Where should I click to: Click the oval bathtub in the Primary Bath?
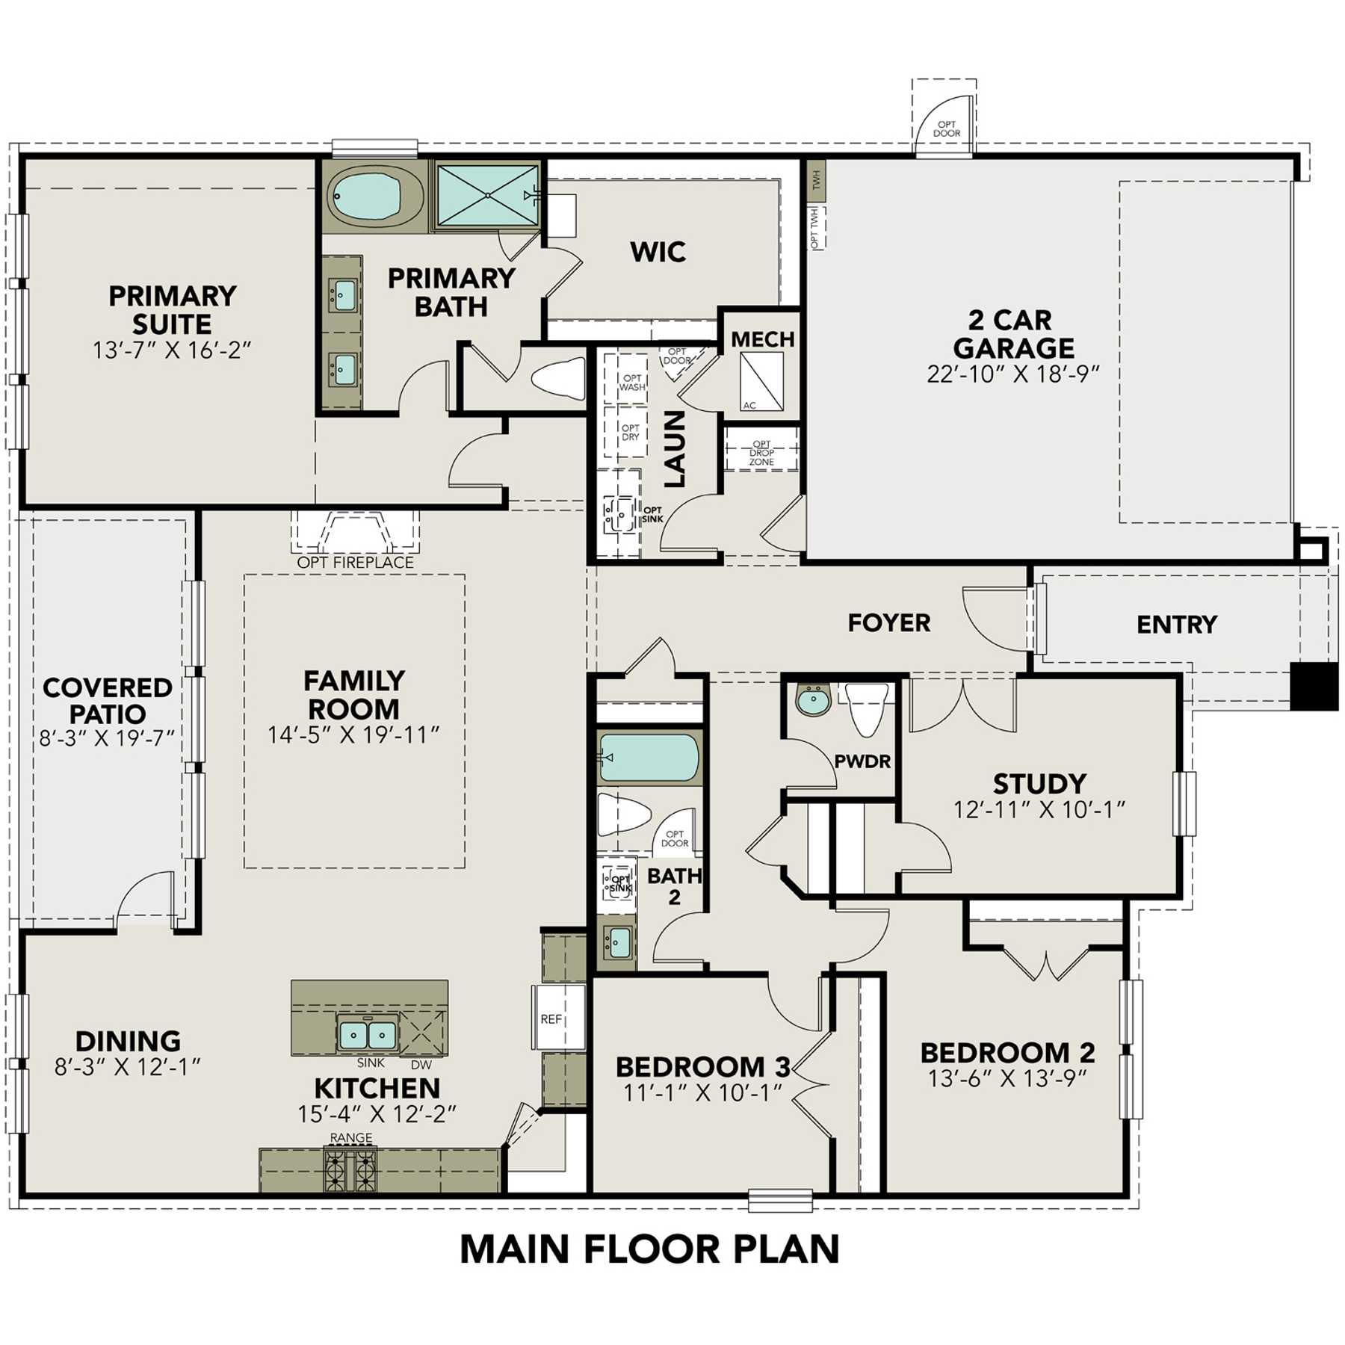click(376, 196)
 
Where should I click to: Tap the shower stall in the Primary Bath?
click(487, 195)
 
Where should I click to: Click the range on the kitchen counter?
click(350, 1170)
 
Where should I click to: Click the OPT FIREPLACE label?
click(355, 563)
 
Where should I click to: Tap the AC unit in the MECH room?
click(761, 381)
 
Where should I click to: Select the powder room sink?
click(813, 701)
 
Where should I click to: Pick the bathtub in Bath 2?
click(649, 758)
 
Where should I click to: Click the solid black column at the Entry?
click(1315, 686)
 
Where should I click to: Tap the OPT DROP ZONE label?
click(761, 453)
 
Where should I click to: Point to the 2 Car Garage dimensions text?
click(1013, 374)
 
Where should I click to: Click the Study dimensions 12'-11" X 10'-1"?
click(1039, 809)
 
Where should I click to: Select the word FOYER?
click(888, 622)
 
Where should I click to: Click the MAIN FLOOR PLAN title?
click(649, 1249)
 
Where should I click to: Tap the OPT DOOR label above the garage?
click(947, 129)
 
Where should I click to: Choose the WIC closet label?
click(658, 252)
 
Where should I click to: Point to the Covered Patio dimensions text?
click(107, 738)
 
